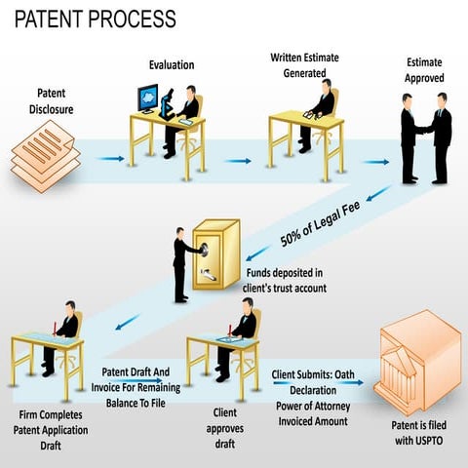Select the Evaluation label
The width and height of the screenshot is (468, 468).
[172, 65]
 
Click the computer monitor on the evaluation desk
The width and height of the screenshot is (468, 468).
[147, 97]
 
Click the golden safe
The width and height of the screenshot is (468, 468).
[216, 255]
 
